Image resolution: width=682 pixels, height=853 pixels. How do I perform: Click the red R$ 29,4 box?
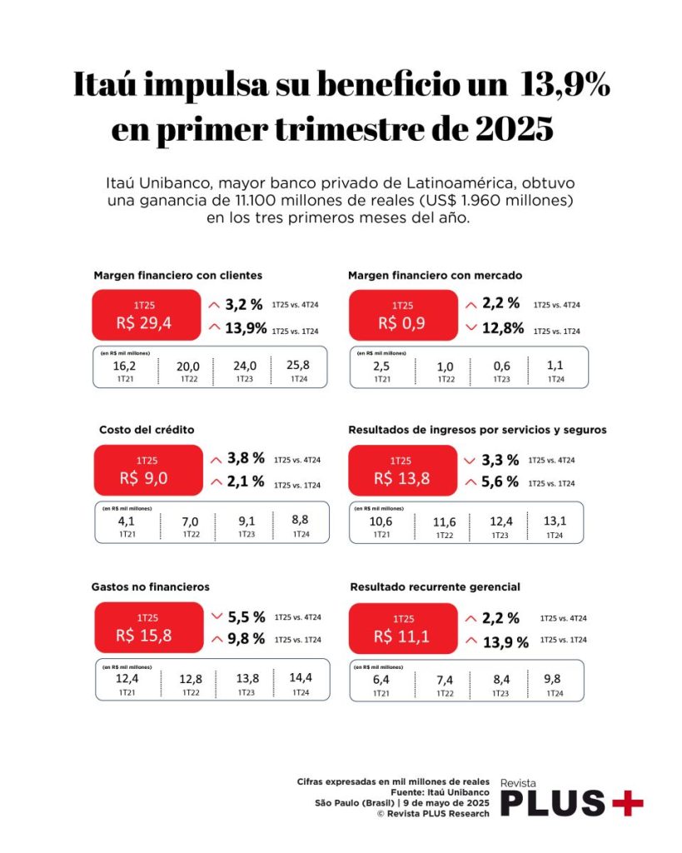pos(146,315)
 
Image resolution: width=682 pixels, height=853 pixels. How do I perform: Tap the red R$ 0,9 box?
pos(402,315)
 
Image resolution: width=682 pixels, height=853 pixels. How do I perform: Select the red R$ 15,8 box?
pos(146,626)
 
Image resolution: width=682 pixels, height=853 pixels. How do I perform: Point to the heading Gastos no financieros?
pos(151,586)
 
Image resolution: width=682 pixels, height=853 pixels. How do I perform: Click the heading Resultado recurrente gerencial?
pos(434,586)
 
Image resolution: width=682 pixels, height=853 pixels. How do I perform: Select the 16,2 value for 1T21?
pos(124,365)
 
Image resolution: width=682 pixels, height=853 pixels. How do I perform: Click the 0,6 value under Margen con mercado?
pos(501,365)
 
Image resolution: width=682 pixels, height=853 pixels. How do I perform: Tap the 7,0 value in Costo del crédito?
pos(191,521)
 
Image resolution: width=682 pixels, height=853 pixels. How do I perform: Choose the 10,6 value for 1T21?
pos(380,521)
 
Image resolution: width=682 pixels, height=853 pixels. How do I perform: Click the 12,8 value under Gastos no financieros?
pos(191,678)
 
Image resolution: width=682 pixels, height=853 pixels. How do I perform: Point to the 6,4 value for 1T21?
pos(380,678)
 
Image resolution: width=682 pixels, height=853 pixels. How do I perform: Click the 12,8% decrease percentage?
pos(505,328)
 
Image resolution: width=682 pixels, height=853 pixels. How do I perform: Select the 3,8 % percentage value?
pos(247,458)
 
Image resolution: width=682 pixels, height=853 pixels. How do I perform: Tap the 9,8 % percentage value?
pos(247,639)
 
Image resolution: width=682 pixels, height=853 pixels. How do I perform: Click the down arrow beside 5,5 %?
pos(217,617)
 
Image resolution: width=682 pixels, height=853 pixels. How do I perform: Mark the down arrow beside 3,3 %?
pos(471,460)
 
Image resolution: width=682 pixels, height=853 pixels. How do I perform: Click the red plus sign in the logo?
pos(627,803)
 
